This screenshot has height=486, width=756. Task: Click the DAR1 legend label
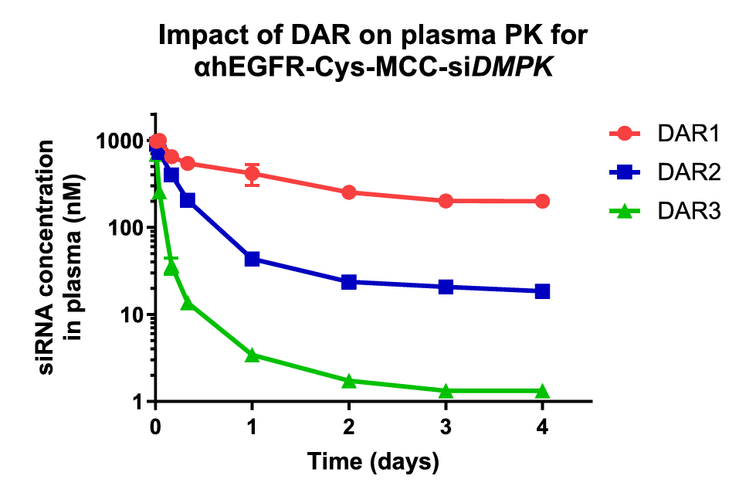[x=689, y=134]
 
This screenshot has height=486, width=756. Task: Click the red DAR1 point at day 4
[x=542, y=201]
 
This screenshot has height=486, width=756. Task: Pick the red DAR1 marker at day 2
[x=349, y=192]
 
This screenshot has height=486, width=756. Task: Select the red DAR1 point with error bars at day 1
[x=252, y=174]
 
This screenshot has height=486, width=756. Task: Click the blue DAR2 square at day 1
[x=252, y=259]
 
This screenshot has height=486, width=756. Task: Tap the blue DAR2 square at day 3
[x=446, y=287]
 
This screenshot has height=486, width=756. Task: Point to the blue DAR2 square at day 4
[x=542, y=291]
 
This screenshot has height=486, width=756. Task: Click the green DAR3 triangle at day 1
[x=252, y=355]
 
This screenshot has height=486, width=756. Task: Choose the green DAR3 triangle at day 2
[x=349, y=381]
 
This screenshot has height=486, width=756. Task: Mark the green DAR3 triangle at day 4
[x=542, y=391]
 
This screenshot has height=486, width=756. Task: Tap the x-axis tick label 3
[x=446, y=427]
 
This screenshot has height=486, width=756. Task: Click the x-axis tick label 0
[x=155, y=427]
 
